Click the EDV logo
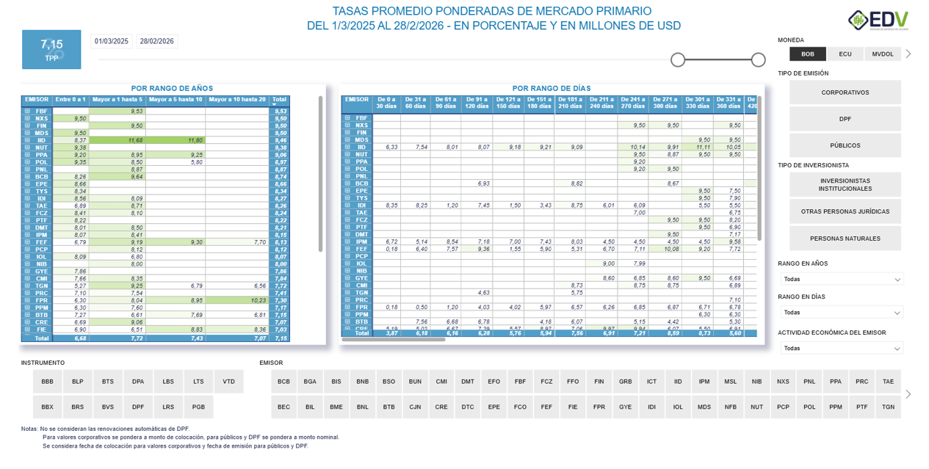coord(878,21)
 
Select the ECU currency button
coord(845,54)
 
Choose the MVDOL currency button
coord(883,54)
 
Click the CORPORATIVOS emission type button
coord(845,92)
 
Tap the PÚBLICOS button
coord(845,145)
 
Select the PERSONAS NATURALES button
coord(845,239)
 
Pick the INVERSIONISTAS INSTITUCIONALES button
coord(845,185)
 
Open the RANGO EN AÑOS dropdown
coord(842,279)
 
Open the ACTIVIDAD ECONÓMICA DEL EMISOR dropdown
coord(842,349)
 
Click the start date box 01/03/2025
coord(112,42)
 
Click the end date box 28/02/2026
coord(157,42)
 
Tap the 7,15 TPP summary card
coord(51,49)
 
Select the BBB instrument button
coord(48,382)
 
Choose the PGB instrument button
coord(198,407)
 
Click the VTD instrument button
coord(229,382)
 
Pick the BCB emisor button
coord(284,382)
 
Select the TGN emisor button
coord(888,407)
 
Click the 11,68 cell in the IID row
coord(135,140)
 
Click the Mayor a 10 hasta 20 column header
coord(237,100)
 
